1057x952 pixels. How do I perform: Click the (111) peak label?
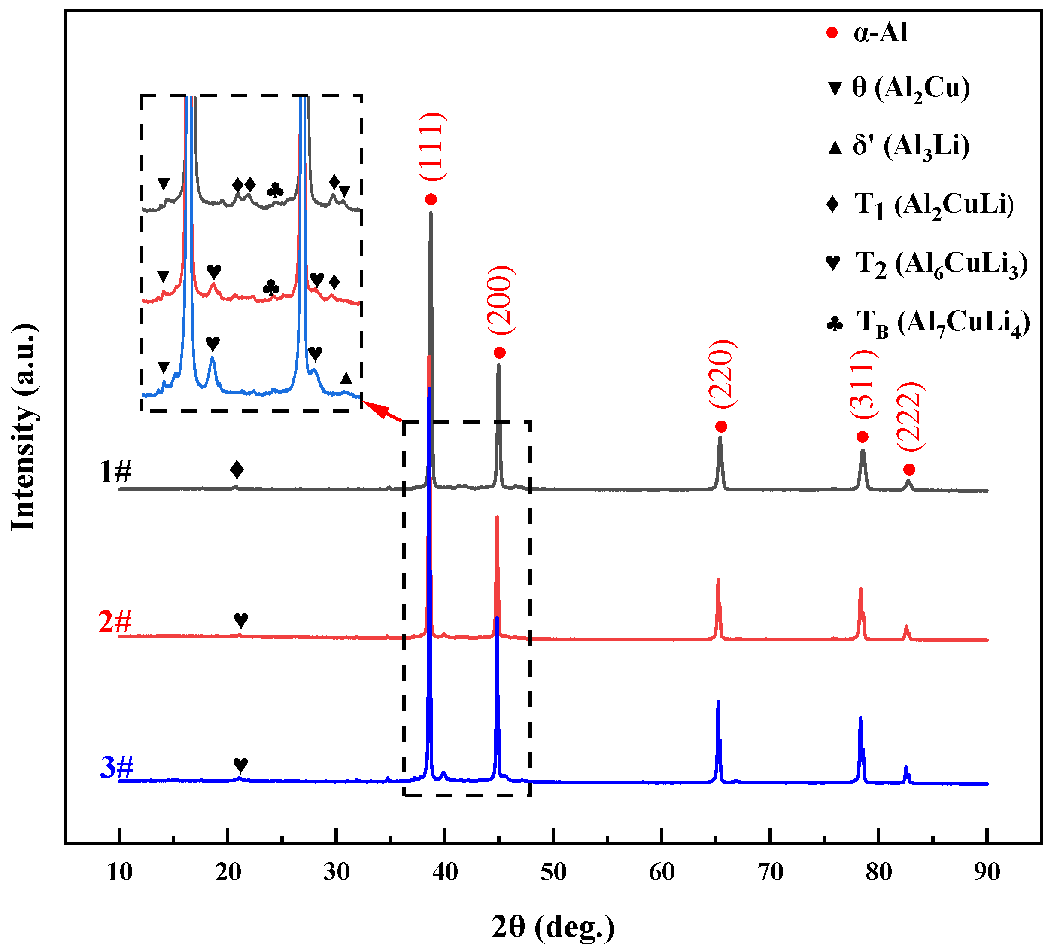pos(432,146)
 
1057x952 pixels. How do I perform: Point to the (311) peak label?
pos(863,384)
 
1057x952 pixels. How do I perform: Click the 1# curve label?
pos(115,472)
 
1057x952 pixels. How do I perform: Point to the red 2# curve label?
pos(115,622)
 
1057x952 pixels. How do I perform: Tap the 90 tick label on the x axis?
pos(987,872)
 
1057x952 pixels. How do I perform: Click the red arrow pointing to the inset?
pos(382,411)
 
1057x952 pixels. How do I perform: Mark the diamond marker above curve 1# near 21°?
pos(237,469)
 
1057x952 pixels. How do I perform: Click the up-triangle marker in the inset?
pos(346,378)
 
